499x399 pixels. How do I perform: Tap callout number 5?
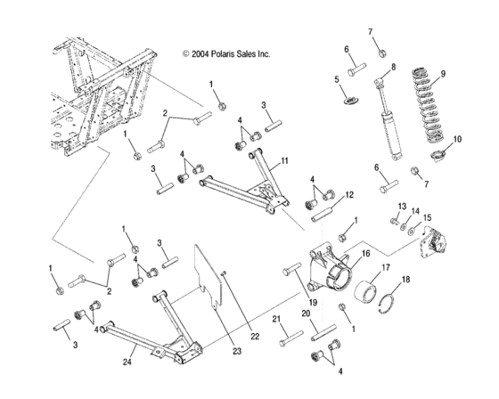338,79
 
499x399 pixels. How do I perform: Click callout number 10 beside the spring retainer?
458,139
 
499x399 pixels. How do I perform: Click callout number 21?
276,318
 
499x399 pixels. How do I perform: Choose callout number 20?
306,313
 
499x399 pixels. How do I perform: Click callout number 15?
427,216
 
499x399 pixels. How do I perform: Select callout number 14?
414,211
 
